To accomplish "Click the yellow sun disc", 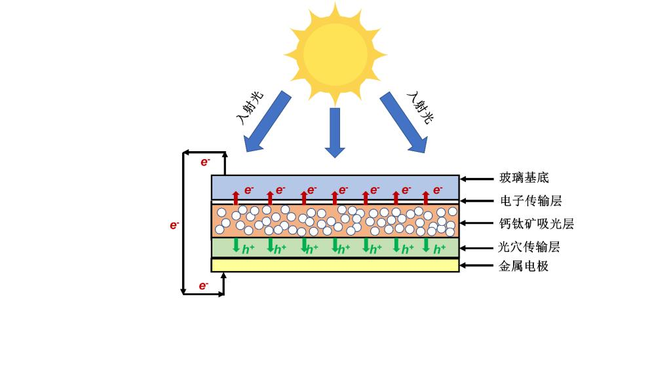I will click(x=335, y=52).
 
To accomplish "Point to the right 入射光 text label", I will click(x=421, y=107).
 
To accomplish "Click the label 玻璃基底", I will click(x=524, y=177).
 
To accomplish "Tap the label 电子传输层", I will click(x=530, y=200).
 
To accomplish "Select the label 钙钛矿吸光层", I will click(x=536, y=224).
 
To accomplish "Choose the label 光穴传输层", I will click(x=529, y=247).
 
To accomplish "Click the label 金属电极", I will click(x=524, y=266).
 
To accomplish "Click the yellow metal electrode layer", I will click(x=335, y=264).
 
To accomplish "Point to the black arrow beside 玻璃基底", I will click(x=477, y=177).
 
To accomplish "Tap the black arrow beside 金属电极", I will click(x=477, y=266).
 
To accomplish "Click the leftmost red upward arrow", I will click(x=237, y=196).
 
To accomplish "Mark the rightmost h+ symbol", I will click(x=440, y=249).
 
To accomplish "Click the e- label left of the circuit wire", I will click(x=174, y=225).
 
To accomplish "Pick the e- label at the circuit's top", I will click(x=204, y=162).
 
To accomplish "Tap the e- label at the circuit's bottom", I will click(x=204, y=285).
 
